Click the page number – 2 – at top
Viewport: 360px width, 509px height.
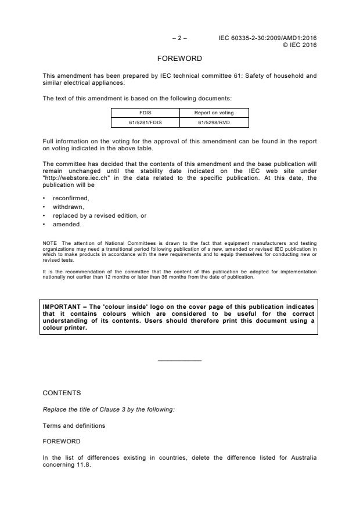pyautogui.click(x=179, y=38)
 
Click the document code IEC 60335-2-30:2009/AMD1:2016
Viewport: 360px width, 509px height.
pyautogui.click(x=268, y=38)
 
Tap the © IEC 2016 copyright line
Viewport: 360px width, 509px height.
pyautogui.click(x=299, y=45)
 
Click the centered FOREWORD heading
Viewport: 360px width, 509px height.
pyautogui.click(x=179, y=59)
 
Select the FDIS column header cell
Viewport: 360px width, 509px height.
pyautogui.click(x=145, y=113)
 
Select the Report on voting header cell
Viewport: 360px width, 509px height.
pyautogui.click(x=214, y=113)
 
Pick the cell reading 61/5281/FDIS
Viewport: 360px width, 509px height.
pyautogui.click(x=145, y=122)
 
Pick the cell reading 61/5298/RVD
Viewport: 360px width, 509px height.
pyautogui.click(x=214, y=122)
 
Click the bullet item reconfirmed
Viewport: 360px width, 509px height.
pyautogui.click(x=67, y=198)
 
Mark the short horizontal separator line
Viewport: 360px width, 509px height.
pyautogui.click(x=179, y=361)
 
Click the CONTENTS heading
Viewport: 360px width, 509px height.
pyautogui.click(x=62, y=393)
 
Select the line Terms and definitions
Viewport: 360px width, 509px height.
pyautogui.click(x=74, y=425)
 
